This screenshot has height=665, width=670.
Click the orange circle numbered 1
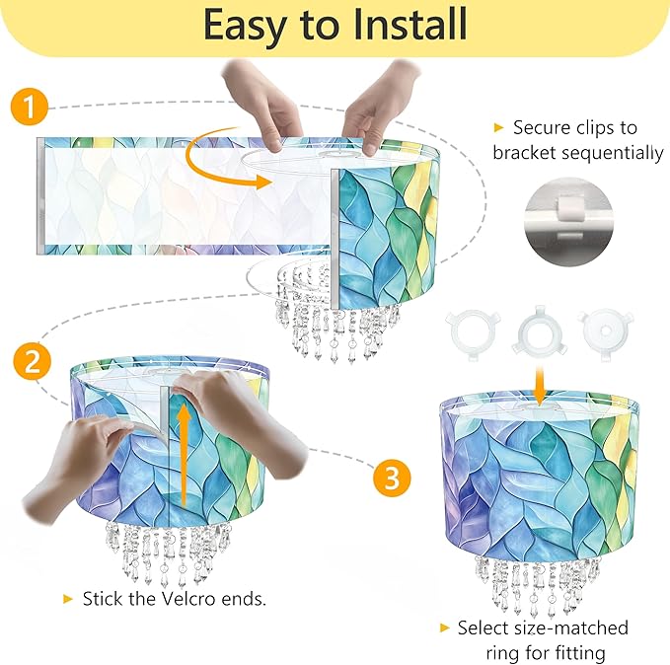[30, 107]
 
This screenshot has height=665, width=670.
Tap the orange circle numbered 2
[32, 362]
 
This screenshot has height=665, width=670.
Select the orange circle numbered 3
[392, 478]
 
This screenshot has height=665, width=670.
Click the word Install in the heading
[410, 25]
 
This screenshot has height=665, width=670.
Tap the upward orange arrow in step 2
[185, 455]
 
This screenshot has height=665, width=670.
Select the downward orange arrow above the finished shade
[540, 384]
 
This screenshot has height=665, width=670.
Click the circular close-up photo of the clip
[568, 222]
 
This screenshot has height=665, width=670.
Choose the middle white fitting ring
[540, 332]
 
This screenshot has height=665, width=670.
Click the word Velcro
[188, 599]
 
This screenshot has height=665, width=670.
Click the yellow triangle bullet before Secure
[498, 127]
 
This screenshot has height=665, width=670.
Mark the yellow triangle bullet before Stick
[68, 599]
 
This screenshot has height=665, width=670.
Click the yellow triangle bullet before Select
[445, 628]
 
